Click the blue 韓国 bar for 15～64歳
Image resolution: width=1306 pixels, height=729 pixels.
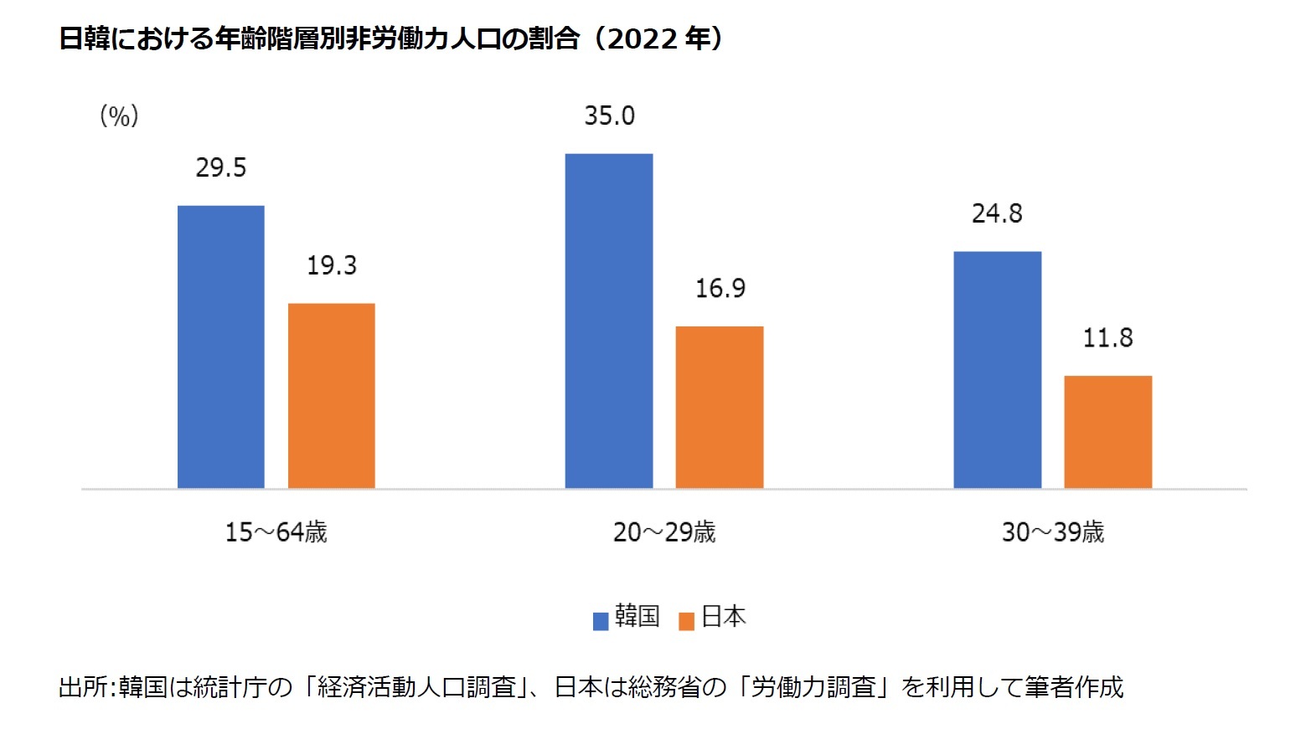pyautogui.click(x=221, y=347)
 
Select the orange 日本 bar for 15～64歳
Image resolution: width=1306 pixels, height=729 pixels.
pyautogui.click(x=332, y=395)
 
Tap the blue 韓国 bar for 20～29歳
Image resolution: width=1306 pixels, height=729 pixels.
pyautogui.click(x=609, y=321)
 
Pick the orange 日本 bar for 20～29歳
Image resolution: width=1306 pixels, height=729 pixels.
pyautogui.click(x=720, y=407)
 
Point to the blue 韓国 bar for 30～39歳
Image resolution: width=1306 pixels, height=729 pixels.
pyautogui.click(x=997, y=369)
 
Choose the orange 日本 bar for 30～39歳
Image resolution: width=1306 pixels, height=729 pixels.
pyautogui.click(x=1107, y=431)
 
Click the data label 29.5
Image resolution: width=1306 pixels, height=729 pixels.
pyautogui.click(x=221, y=167)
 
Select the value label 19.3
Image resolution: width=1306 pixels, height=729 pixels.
pyautogui.click(x=332, y=265)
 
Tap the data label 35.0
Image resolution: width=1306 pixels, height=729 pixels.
pyautogui.click(x=609, y=116)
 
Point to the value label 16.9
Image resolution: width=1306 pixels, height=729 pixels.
pyautogui.click(x=720, y=289)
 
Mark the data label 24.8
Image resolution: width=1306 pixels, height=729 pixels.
pyautogui.click(x=997, y=213)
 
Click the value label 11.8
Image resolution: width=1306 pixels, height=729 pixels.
pyautogui.click(x=1107, y=338)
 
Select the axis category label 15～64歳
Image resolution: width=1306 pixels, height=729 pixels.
pyautogui.click(x=276, y=531)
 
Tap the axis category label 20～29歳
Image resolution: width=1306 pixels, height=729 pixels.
pyautogui.click(x=664, y=531)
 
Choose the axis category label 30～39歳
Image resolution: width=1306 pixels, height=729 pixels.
pyautogui.click(x=1053, y=531)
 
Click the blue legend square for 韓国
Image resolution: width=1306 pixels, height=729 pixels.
pyautogui.click(x=601, y=621)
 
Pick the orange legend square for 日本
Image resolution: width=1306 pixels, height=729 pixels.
pyautogui.click(x=687, y=621)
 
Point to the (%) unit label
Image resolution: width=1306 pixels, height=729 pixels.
pyautogui.click(x=119, y=116)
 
